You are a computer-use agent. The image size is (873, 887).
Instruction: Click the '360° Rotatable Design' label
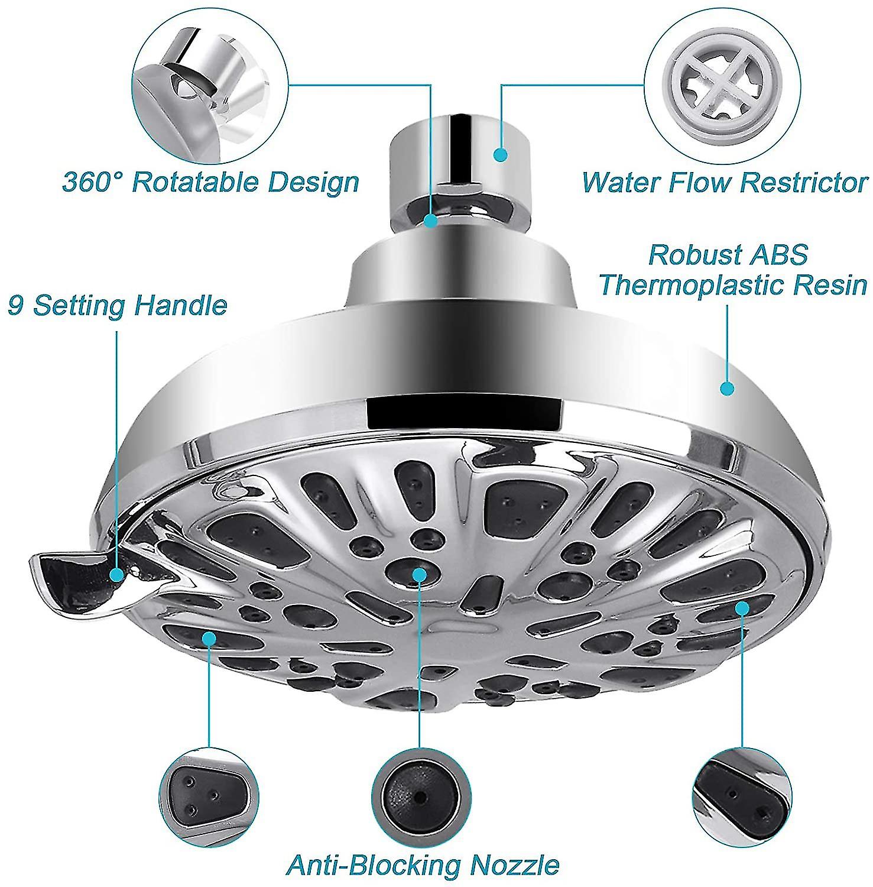210,182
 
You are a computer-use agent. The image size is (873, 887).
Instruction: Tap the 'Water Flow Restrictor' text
725,182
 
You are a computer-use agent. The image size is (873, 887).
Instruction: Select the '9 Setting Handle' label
118,306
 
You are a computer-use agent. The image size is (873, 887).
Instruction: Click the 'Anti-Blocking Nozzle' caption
423,865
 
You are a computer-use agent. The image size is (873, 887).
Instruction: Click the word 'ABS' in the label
780,255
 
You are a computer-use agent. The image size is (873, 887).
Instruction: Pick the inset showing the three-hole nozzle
210,792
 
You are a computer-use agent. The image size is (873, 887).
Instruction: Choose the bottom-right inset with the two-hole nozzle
741,791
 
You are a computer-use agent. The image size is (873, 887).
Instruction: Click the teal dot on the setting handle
116,574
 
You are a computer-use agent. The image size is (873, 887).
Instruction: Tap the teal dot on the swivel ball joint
430,221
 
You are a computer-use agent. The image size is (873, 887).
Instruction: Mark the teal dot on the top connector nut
501,155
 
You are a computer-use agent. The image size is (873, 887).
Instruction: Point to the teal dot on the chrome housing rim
726,389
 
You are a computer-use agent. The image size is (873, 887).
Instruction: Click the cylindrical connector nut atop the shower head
457,157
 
